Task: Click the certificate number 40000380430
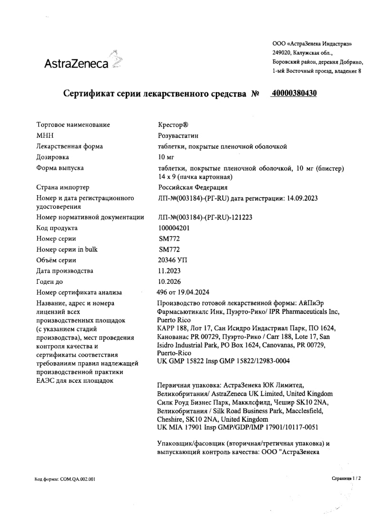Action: tap(293, 93)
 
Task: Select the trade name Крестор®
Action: tap(173, 125)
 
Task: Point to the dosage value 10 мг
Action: tap(167, 157)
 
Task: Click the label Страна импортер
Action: tap(62, 187)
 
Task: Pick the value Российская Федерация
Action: tap(193, 187)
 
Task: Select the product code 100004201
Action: tap(174, 228)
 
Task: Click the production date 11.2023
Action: tap(168, 271)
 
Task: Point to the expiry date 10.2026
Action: tap(168, 281)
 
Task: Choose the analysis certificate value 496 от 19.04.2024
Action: tap(183, 292)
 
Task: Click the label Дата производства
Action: tap(65, 271)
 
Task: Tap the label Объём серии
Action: tap(56, 260)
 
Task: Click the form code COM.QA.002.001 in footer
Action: tap(78, 479)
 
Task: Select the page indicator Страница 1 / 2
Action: tap(346, 479)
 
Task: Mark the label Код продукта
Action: tap(57, 228)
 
